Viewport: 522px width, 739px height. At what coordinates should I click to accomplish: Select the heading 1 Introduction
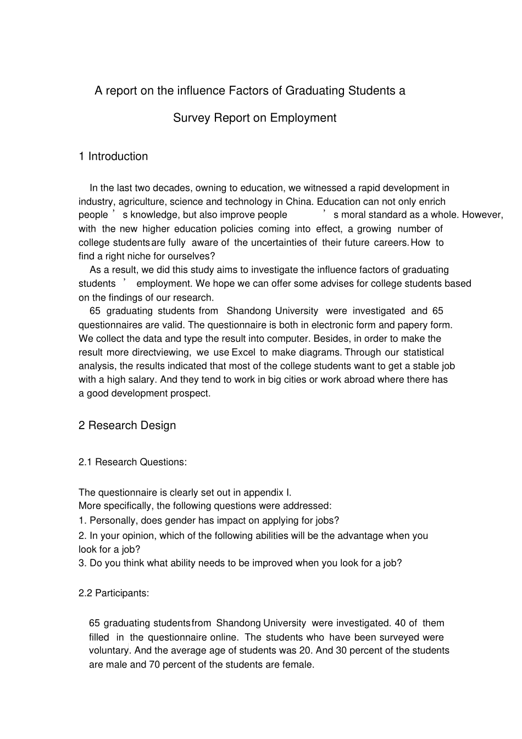[113, 157]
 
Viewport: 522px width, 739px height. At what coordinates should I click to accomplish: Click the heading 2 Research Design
[127, 425]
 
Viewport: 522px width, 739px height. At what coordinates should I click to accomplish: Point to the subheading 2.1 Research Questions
[132, 462]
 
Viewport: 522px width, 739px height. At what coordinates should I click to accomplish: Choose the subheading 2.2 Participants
[114, 593]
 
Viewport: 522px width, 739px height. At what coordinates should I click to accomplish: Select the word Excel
[243, 352]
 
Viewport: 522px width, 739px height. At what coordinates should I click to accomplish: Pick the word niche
[139, 256]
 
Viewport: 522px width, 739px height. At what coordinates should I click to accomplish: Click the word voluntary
[109, 651]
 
